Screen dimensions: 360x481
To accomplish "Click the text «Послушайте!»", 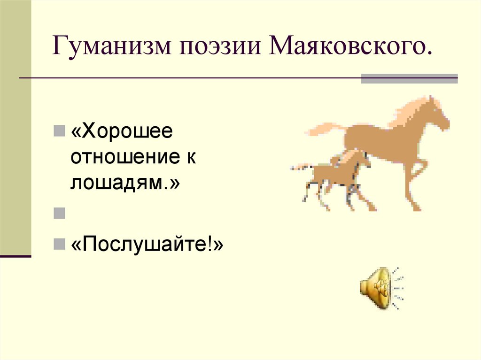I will coord(147,244).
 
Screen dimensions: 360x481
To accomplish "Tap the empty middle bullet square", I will coord(59,214).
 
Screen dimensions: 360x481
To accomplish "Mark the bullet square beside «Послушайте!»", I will coord(59,244).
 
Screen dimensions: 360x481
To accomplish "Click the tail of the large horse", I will coord(324,128).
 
